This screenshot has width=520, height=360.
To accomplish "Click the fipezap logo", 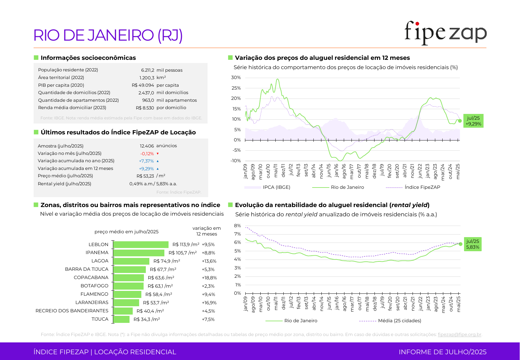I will [x=445, y=33].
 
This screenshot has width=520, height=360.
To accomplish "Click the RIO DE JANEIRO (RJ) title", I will [x=108, y=35].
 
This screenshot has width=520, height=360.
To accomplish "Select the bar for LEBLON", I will [x=141, y=244].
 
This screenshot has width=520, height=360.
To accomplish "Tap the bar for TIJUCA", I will [x=122, y=319].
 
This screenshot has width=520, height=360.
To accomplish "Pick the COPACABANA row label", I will [x=91, y=277].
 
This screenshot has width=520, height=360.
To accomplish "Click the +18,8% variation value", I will [x=209, y=278].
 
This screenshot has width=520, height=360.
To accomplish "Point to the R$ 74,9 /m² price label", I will [x=167, y=261].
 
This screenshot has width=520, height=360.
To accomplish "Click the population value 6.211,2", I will [x=147, y=70].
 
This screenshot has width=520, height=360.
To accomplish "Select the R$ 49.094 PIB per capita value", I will [x=143, y=85].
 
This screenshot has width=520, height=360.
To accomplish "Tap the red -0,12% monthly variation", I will [x=147, y=154].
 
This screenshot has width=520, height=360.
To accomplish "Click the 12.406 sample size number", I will [x=147, y=146].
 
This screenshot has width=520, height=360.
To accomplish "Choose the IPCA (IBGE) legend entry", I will [x=276, y=187].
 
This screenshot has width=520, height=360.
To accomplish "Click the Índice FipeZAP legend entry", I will [x=422, y=187].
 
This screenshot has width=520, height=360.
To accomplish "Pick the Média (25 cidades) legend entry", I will [x=399, y=321].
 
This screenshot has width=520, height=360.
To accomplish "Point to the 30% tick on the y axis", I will [x=236, y=77].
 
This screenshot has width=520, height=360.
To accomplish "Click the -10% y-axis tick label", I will [x=236, y=161].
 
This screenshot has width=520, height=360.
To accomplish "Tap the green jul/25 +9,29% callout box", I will [x=473, y=121].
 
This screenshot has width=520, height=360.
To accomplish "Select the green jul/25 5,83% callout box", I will [x=473, y=244].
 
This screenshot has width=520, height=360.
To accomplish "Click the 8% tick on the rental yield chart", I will [x=237, y=226].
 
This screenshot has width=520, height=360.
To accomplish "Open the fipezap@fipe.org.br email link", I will [x=459, y=334].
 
